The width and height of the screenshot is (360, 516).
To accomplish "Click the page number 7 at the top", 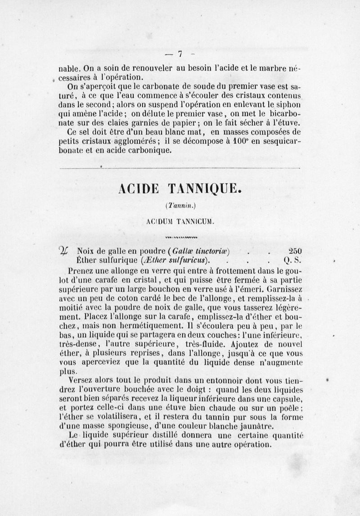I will click(x=180, y=54).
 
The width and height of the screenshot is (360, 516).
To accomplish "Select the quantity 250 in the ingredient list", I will click(x=295, y=251).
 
